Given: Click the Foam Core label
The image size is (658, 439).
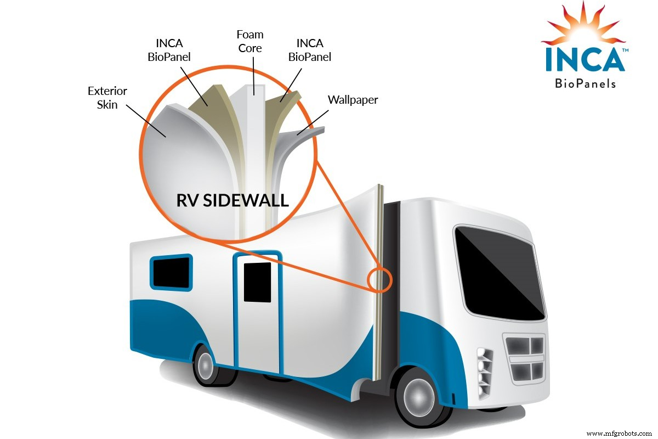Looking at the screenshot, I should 249,42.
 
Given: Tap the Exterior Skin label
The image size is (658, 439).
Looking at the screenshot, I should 108,97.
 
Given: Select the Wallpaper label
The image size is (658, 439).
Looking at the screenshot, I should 353,100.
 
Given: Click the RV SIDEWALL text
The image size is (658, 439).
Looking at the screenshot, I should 232,200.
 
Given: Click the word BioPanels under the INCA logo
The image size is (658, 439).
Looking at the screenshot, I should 585,83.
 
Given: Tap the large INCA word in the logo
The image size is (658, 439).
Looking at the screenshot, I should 585,60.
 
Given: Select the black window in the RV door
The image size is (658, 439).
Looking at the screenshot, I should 257,282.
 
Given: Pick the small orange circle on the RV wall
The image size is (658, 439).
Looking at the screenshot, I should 380,279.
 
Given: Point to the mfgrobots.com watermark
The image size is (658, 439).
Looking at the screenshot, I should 620,433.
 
